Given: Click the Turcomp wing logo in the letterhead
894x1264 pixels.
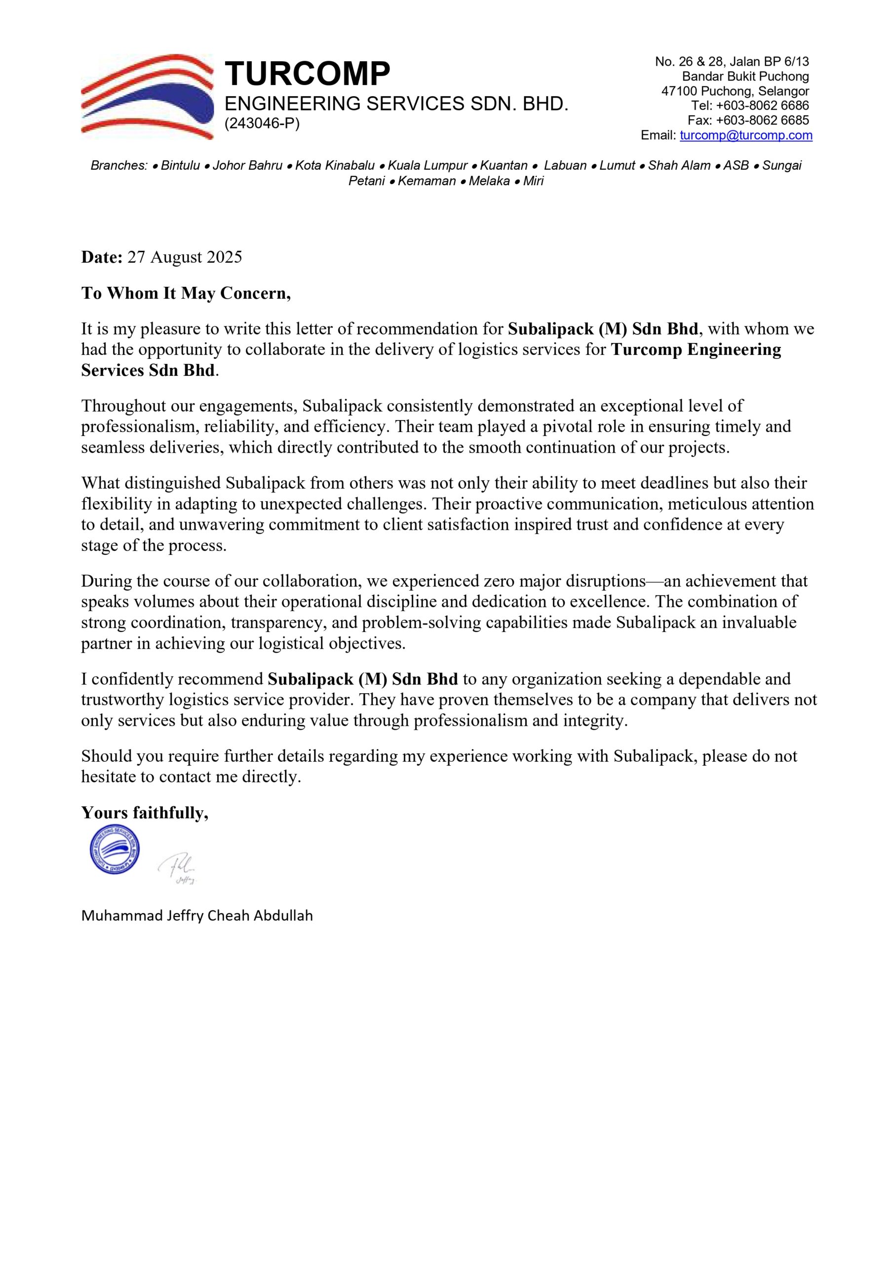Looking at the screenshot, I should pos(147,96).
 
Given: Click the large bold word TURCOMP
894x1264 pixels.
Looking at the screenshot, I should pos(307,73).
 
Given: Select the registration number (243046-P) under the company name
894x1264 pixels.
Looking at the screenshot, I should pos(262,124).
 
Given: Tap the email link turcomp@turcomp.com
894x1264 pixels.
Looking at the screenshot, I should pos(746,135).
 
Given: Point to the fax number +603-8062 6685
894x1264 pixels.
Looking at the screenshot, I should pos(762,120).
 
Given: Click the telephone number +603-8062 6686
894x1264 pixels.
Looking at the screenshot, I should pos(762,106).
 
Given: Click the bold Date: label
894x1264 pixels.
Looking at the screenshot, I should pos(102,257).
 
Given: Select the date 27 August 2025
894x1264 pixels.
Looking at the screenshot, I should pos(185,257).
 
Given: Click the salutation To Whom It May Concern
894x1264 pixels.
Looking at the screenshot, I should pos(186,293).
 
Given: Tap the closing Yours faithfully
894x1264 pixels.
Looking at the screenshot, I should pos(145,813).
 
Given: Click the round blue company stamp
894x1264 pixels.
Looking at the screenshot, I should pos(115,849).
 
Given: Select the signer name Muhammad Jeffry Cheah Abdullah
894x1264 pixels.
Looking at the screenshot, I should pos(197,915).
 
